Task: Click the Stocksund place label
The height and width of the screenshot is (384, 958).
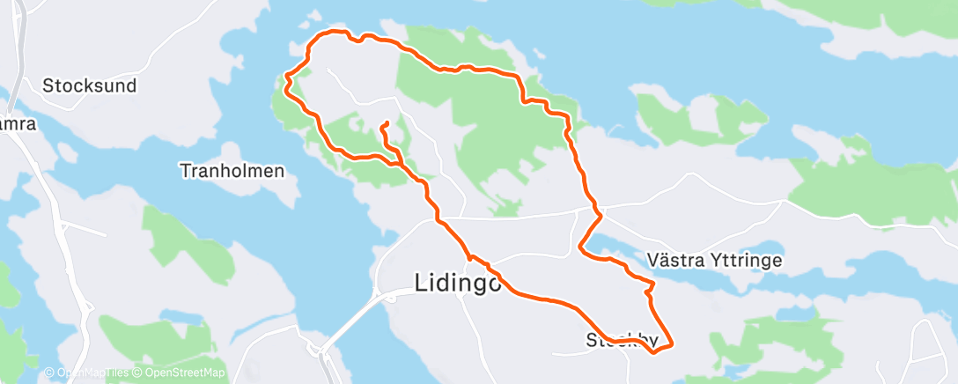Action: click(x=90, y=86)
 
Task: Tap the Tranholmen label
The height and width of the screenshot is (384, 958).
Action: click(x=232, y=171)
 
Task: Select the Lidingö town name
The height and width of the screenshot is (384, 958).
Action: click(x=458, y=283)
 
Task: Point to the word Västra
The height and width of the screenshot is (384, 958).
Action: click(x=675, y=261)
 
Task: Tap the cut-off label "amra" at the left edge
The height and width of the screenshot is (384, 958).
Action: click(x=18, y=124)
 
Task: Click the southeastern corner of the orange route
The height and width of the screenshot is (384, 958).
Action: click(x=673, y=343)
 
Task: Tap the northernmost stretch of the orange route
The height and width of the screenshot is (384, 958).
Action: click(x=335, y=33)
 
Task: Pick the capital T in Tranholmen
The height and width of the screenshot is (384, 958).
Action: click(x=185, y=171)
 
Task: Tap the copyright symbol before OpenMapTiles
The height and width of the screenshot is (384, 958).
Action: click(x=49, y=373)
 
